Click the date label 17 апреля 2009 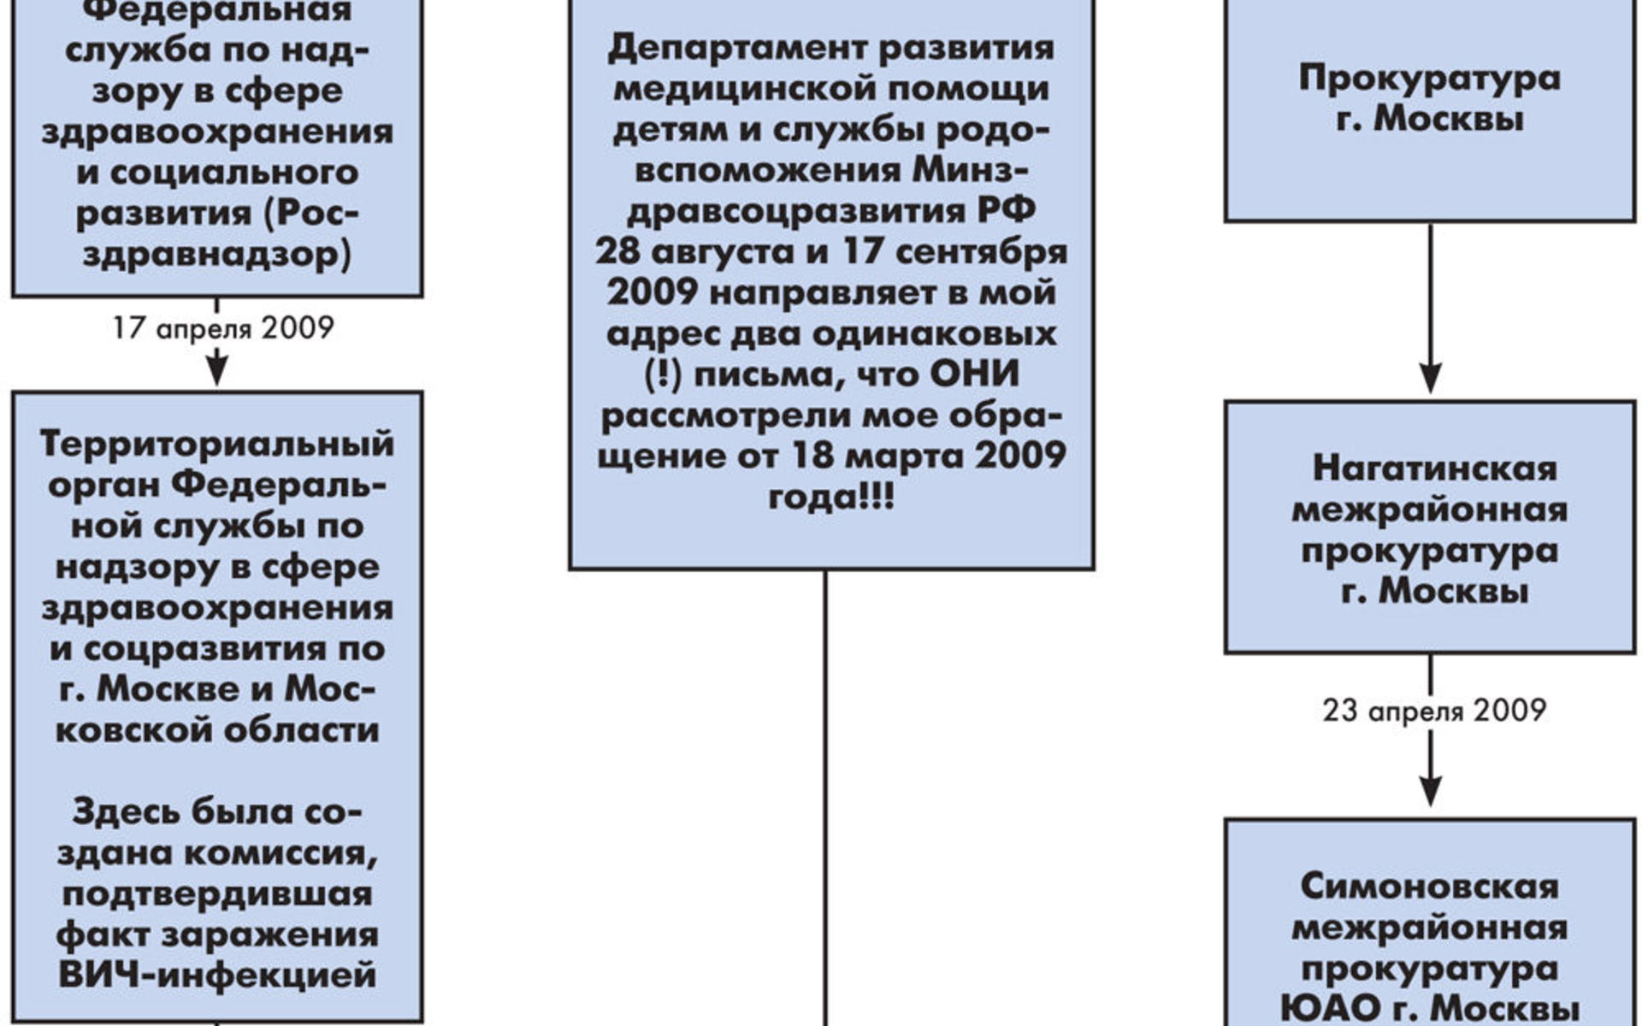click(223, 328)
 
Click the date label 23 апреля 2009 click(1434, 711)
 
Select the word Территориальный click(217, 445)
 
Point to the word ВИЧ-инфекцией click(217, 975)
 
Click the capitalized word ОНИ click(974, 374)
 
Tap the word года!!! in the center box click(831, 497)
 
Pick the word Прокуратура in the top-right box click(1430, 78)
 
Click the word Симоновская click(1430, 887)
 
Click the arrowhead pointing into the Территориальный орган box click(217, 370)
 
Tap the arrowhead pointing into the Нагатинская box click(1431, 377)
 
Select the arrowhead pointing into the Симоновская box click(1431, 791)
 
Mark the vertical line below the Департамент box click(825, 798)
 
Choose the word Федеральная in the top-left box click(209, 11)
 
